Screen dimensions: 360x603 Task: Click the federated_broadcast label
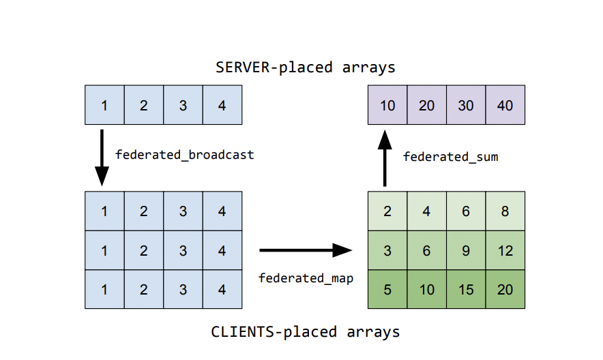(x=184, y=155)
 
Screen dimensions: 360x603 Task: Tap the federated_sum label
(x=450, y=157)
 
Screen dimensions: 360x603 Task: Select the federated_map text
(x=306, y=277)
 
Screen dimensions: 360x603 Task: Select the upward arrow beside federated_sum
(x=385, y=158)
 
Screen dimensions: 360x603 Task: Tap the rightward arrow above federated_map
(x=305, y=250)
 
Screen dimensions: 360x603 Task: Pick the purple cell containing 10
(x=387, y=105)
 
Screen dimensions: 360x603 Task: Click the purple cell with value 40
(x=505, y=105)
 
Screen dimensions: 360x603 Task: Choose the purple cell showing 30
(x=466, y=105)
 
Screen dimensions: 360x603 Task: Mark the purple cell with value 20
(x=426, y=105)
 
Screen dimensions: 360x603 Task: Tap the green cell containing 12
(x=505, y=250)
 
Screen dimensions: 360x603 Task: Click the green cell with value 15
(x=466, y=290)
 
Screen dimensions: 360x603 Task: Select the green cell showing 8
(x=505, y=211)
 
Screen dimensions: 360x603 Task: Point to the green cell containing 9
(x=466, y=250)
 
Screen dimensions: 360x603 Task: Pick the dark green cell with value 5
(x=387, y=290)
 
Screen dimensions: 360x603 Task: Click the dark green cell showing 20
(x=505, y=290)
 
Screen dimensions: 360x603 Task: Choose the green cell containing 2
(x=387, y=211)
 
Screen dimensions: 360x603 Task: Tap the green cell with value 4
(x=426, y=211)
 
